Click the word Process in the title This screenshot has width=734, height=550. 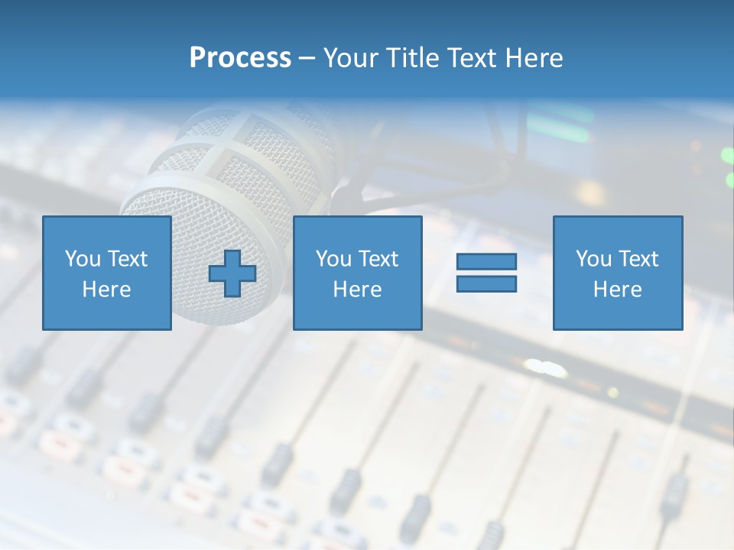[x=240, y=58]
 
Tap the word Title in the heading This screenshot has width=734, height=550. [x=413, y=58]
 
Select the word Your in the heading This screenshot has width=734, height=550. [x=352, y=58]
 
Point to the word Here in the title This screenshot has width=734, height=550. [x=534, y=58]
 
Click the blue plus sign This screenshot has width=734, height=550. [x=232, y=273]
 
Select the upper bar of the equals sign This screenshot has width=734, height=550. [x=486, y=261]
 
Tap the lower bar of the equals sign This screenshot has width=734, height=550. [x=486, y=283]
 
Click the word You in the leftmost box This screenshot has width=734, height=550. [x=82, y=259]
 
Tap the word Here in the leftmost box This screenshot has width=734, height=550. [x=106, y=290]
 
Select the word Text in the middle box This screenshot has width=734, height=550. [x=377, y=259]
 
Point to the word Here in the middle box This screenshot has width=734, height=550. [x=357, y=290]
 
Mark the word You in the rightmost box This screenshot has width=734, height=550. [x=593, y=259]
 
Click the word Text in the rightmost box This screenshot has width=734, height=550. [x=637, y=259]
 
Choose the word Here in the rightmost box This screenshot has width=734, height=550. [x=617, y=290]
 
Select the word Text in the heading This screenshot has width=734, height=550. [x=474, y=58]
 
